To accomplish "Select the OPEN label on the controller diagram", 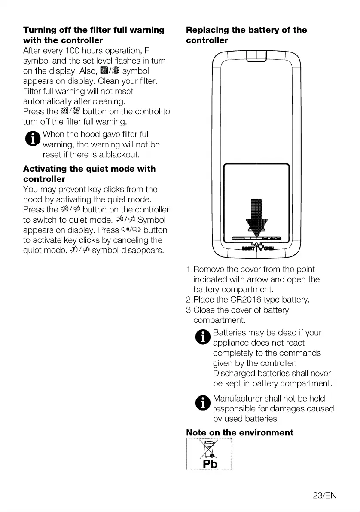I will click(x=268, y=248).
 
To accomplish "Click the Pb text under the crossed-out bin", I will click(x=209, y=464).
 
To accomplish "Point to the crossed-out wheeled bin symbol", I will click(x=209, y=449).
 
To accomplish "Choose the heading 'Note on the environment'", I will click(x=240, y=432).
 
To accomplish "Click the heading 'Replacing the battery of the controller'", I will click(x=246, y=35).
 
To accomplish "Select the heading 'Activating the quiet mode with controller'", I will click(x=89, y=173).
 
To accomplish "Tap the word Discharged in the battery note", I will click(x=234, y=373).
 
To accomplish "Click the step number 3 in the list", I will click(x=189, y=310).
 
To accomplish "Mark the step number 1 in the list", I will click(x=189, y=269).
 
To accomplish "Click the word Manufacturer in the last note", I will click(x=238, y=399).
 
